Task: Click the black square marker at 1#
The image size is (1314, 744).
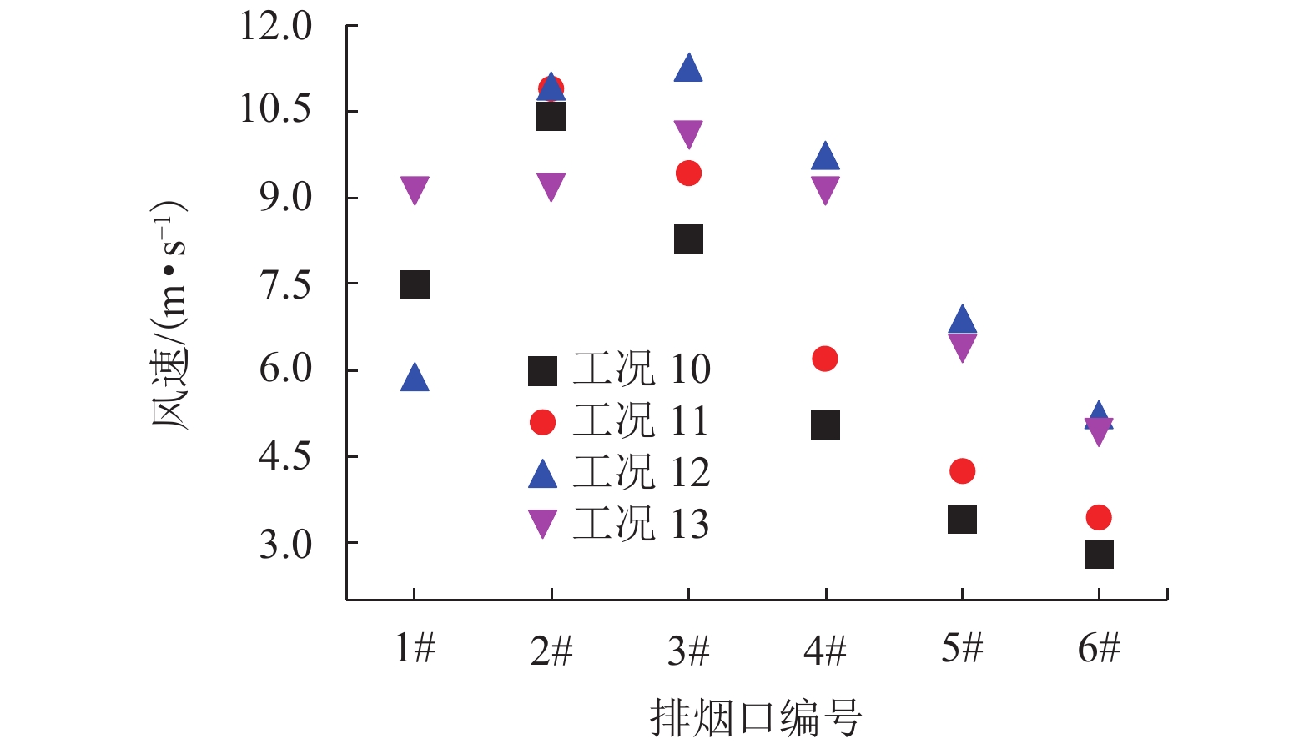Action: pyautogui.click(x=415, y=285)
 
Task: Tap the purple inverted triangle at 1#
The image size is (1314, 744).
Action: pyautogui.click(x=415, y=189)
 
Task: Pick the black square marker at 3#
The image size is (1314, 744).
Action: pyautogui.click(x=688, y=239)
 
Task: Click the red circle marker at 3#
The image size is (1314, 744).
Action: pyautogui.click(x=688, y=173)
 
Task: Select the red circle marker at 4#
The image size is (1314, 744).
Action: pyautogui.click(x=824, y=359)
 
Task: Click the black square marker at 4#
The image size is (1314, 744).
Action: pyautogui.click(x=825, y=425)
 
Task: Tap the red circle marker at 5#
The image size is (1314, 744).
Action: pyautogui.click(x=962, y=471)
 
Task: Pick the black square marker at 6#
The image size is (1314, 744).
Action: pyautogui.click(x=1099, y=554)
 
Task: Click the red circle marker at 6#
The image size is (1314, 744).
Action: pyautogui.click(x=1099, y=518)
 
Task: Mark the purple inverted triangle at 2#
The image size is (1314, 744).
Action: pyautogui.click(x=551, y=186)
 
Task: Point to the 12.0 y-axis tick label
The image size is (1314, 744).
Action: pyautogui.click(x=275, y=27)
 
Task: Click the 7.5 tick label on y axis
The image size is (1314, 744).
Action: pyautogui.click(x=285, y=285)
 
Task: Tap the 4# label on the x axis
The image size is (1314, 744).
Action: pyautogui.click(x=825, y=650)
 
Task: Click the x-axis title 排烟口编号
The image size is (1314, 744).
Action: pyautogui.click(x=755, y=718)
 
